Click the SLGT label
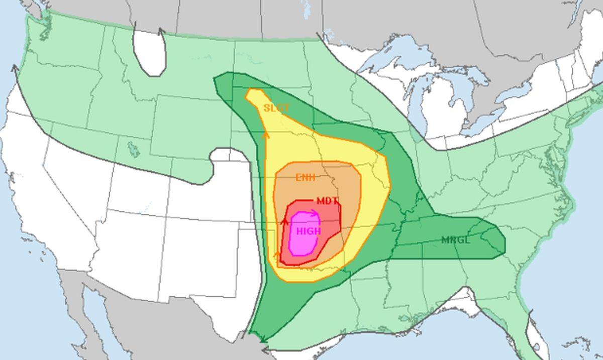click(276, 108)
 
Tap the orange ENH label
click(306, 177)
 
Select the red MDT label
click(327, 201)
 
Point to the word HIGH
click(308, 231)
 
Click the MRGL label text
click(456, 240)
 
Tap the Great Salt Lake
click(133, 149)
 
